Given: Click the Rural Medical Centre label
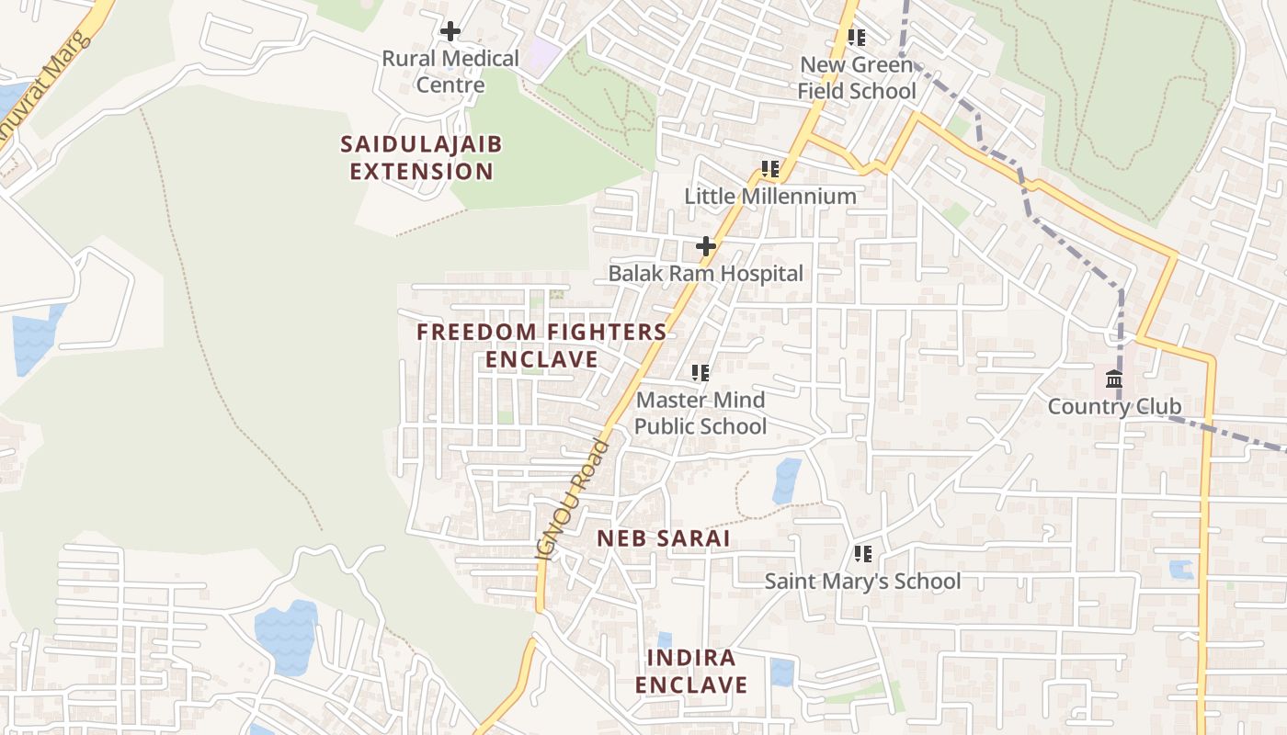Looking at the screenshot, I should pos(450,72).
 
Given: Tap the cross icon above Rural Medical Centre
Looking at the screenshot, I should pos(450,31).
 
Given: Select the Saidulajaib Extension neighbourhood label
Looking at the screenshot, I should pos(421,158).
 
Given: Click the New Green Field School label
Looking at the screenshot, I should pos(857,78).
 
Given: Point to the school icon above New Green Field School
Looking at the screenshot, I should pos(857,38).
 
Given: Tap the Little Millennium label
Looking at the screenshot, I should pos(770,196).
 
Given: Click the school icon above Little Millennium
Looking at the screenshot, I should pos(770,169).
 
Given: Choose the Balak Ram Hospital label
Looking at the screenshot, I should pos(706,273).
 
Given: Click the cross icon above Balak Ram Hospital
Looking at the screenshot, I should pos(706,246).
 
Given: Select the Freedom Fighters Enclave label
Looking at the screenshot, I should pos(542,345).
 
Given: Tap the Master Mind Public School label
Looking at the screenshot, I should pos(700,413).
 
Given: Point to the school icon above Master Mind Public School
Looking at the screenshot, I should pos(700,373).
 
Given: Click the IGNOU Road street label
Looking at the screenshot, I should pos(572,502).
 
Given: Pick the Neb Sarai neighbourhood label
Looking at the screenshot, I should pos(664,538).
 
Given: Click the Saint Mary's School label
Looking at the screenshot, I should pos(862,581).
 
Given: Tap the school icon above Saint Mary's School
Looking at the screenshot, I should pos(862,554).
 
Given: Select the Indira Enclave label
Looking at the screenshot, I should pos(690,672).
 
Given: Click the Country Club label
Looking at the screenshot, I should pos(1114,406).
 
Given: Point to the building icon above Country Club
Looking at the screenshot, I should pos(1114,379).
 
